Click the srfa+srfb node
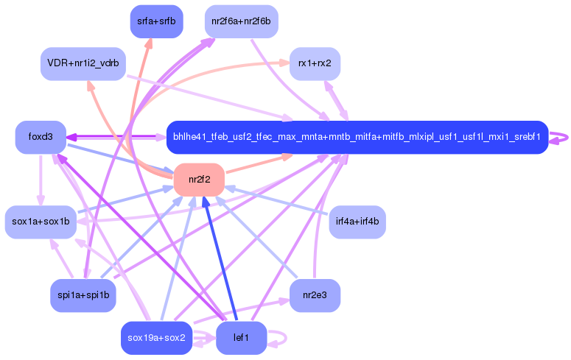click(156, 21)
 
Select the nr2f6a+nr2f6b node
click(241, 21)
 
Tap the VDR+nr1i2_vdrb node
click(83, 63)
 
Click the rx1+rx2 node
click(315, 63)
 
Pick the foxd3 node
click(41, 137)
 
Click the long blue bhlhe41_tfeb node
click(357, 137)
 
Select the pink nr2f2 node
click(199, 180)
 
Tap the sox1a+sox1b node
click(41, 222)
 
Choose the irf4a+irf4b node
click(357, 222)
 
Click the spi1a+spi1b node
click(83, 295)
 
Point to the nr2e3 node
click(315, 295)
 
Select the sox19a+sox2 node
click(156, 338)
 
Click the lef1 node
click(241, 338)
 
